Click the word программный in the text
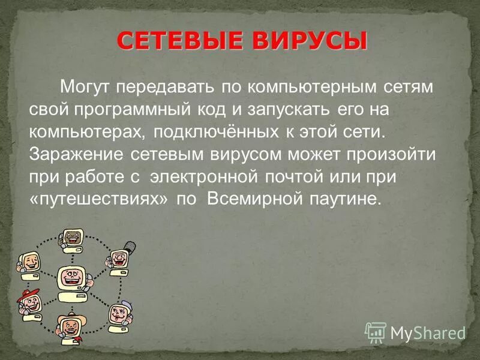(x=139, y=109)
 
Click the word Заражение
(x=74, y=154)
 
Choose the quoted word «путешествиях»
(x=98, y=199)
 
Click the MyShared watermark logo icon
(x=376, y=331)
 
